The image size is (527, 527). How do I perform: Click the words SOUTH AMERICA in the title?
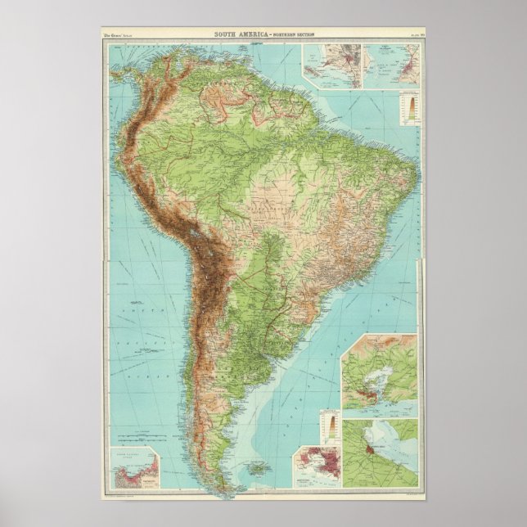click(238, 33)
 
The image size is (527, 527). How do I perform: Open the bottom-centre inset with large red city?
click(320, 467)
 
